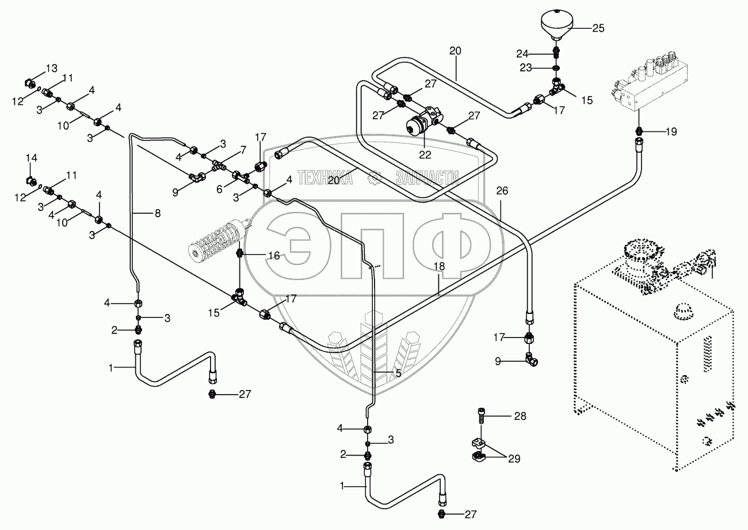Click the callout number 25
[x=598, y=28]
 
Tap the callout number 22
[x=425, y=155]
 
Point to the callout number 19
[x=671, y=132]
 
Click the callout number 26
[x=502, y=191]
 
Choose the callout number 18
[x=440, y=267]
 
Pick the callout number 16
[x=274, y=256]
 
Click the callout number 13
[x=51, y=68]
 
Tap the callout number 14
[x=32, y=158]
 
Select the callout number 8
[x=158, y=213]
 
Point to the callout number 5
[x=398, y=373]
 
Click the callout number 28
[x=520, y=416]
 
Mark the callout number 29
[x=514, y=459]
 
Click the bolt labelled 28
[x=481, y=417]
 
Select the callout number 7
[x=243, y=150]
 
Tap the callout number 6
[x=219, y=190]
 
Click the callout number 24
[x=522, y=54]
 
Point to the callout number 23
[x=525, y=68]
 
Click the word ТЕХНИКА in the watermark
[x=325, y=177]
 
